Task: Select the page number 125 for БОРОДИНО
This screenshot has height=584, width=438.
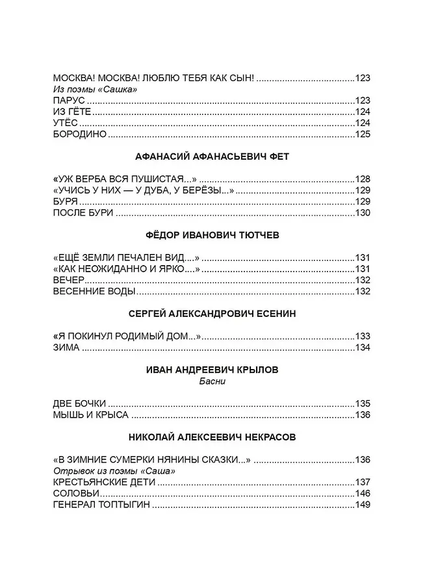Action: [x=362, y=135]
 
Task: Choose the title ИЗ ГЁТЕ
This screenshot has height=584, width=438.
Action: [x=67, y=112]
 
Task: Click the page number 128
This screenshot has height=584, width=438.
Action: [x=362, y=179]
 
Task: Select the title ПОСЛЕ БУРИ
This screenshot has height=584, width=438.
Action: [x=83, y=213]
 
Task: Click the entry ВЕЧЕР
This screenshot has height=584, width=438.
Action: [x=68, y=280]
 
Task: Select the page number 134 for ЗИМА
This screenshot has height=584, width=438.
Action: [x=362, y=348]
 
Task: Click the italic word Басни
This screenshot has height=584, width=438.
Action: [x=213, y=381]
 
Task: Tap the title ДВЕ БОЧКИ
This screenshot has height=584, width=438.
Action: [x=78, y=403]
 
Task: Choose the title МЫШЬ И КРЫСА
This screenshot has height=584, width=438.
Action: [x=90, y=415]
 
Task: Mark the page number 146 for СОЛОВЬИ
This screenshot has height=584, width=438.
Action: [x=362, y=494]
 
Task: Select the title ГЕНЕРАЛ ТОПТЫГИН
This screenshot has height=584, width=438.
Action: [x=101, y=505]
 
